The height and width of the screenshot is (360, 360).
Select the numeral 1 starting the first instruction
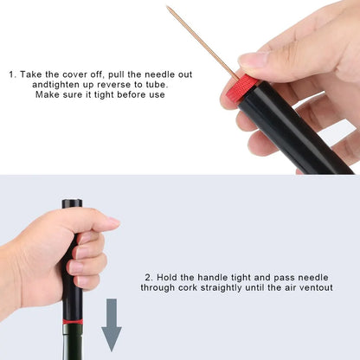coord(12,74)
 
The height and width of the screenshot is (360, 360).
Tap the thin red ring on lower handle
coord(73,321)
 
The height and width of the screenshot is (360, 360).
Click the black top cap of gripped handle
coord(71,206)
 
